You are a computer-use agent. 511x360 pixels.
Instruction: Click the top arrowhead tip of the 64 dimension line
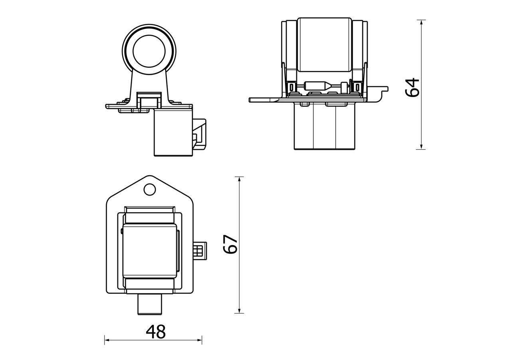(x=421, y=20)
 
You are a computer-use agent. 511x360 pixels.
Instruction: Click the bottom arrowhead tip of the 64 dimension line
(x=421, y=149)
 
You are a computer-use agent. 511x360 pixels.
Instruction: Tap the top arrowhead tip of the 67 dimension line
(x=239, y=177)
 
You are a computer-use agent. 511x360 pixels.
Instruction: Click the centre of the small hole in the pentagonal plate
(x=150, y=189)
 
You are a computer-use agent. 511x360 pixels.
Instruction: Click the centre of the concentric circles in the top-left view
(x=149, y=51)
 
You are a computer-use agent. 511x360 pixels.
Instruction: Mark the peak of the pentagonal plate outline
(x=150, y=176)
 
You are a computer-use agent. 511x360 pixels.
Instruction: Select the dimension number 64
(x=412, y=87)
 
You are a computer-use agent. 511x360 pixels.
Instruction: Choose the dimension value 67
(x=230, y=244)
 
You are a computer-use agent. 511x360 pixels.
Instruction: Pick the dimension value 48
(x=156, y=332)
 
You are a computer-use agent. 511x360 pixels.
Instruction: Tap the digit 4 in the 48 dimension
(x=151, y=332)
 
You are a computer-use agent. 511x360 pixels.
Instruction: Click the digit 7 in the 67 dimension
(x=230, y=239)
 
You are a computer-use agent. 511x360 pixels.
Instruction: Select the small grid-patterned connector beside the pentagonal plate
(x=200, y=251)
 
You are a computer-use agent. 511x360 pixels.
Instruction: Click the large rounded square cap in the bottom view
(x=150, y=251)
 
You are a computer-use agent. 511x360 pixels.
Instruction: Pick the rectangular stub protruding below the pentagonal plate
(x=150, y=305)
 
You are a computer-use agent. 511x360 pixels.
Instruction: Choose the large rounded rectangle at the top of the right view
(x=324, y=45)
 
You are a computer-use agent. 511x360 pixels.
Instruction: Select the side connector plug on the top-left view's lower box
(x=199, y=134)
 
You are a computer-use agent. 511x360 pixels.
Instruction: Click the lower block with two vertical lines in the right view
(x=325, y=126)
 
